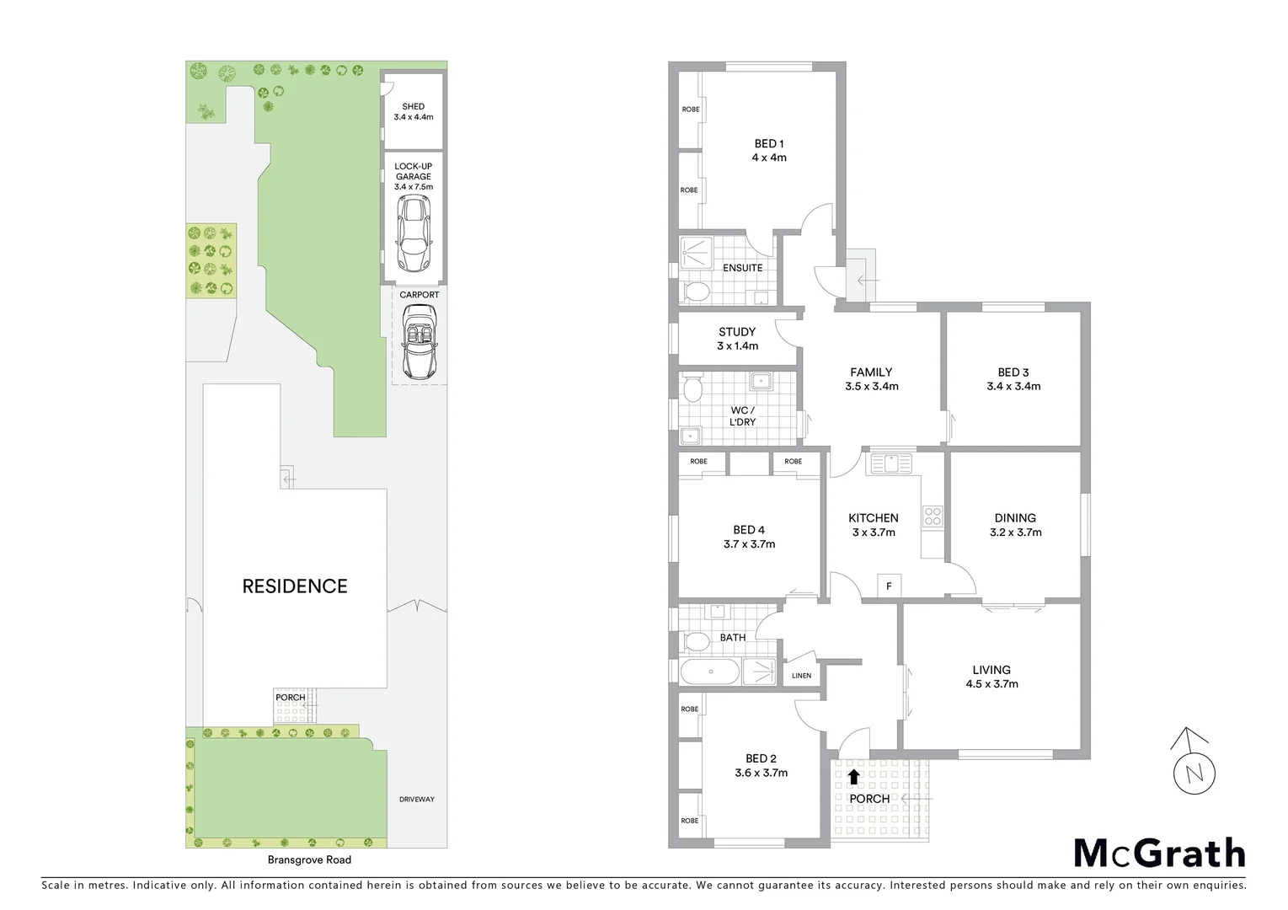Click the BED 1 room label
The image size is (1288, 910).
769,150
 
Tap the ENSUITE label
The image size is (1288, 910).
742,268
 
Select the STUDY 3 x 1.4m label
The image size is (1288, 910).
737,339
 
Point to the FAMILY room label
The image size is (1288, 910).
871,379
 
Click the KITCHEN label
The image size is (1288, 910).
873,525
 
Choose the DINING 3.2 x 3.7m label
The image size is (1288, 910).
1015,525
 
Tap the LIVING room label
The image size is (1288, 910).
991,677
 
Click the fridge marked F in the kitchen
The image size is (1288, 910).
889,586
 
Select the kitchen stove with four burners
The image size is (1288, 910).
933,516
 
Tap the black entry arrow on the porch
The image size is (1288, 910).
854,776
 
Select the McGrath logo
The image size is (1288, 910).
1159,853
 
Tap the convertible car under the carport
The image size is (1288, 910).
419,341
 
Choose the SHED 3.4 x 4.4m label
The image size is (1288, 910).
414,111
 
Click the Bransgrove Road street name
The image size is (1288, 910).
309,859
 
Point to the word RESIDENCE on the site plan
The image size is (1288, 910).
295,586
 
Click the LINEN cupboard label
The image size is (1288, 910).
801,676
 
